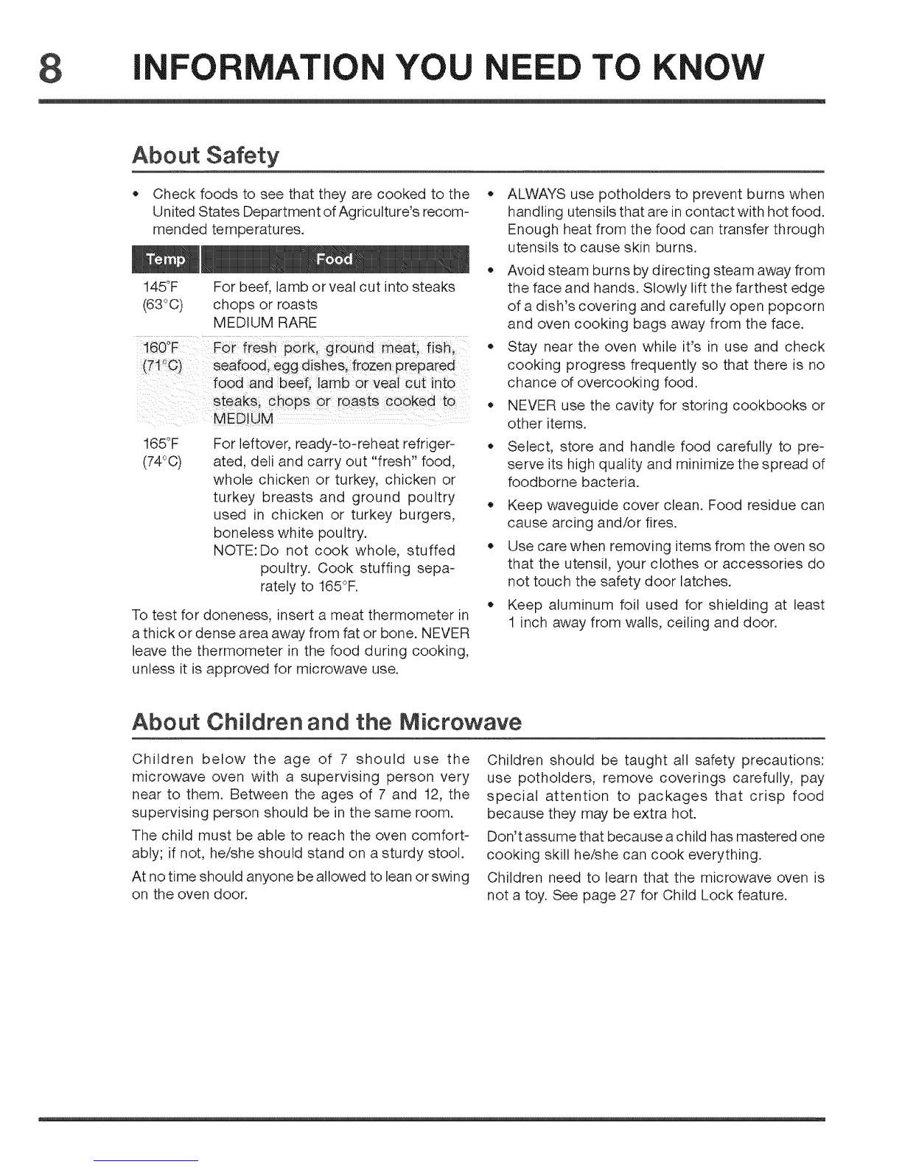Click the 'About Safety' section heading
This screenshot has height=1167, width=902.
tap(206, 156)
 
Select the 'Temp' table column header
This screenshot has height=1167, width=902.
tap(167, 259)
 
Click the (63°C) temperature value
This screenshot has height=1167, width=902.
tap(159, 304)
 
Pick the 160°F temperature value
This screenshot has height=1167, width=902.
tap(158, 348)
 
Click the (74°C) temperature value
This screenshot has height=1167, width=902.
tap(159, 462)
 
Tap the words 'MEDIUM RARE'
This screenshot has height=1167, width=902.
tap(265, 322)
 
